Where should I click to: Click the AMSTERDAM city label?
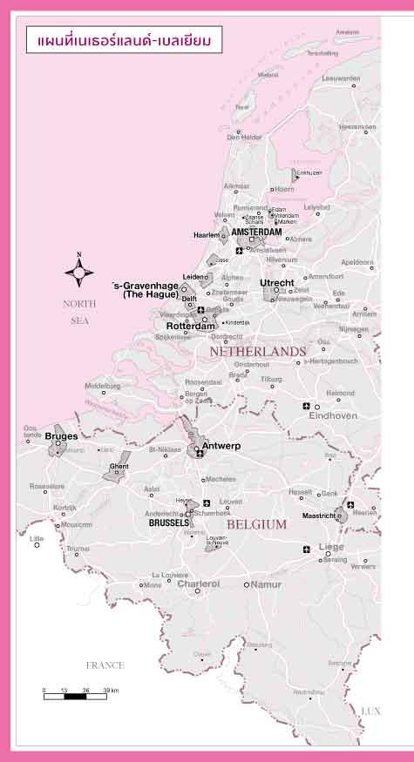[256, 233]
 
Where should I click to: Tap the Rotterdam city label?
[190, 327]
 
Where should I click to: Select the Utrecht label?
[277, 283]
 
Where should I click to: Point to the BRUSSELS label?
[169, 523]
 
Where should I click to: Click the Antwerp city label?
[221, 447]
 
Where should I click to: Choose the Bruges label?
[61, 435]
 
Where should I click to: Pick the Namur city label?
[266, 584]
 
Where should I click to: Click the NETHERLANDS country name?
[257, 352]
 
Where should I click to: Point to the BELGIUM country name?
[256, 524]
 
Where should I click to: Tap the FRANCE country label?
[105, 665]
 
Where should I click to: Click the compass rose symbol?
[79, 272]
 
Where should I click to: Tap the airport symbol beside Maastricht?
[350, 505]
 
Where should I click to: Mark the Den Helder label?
[245, 137]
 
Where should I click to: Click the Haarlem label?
[206, 235]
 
